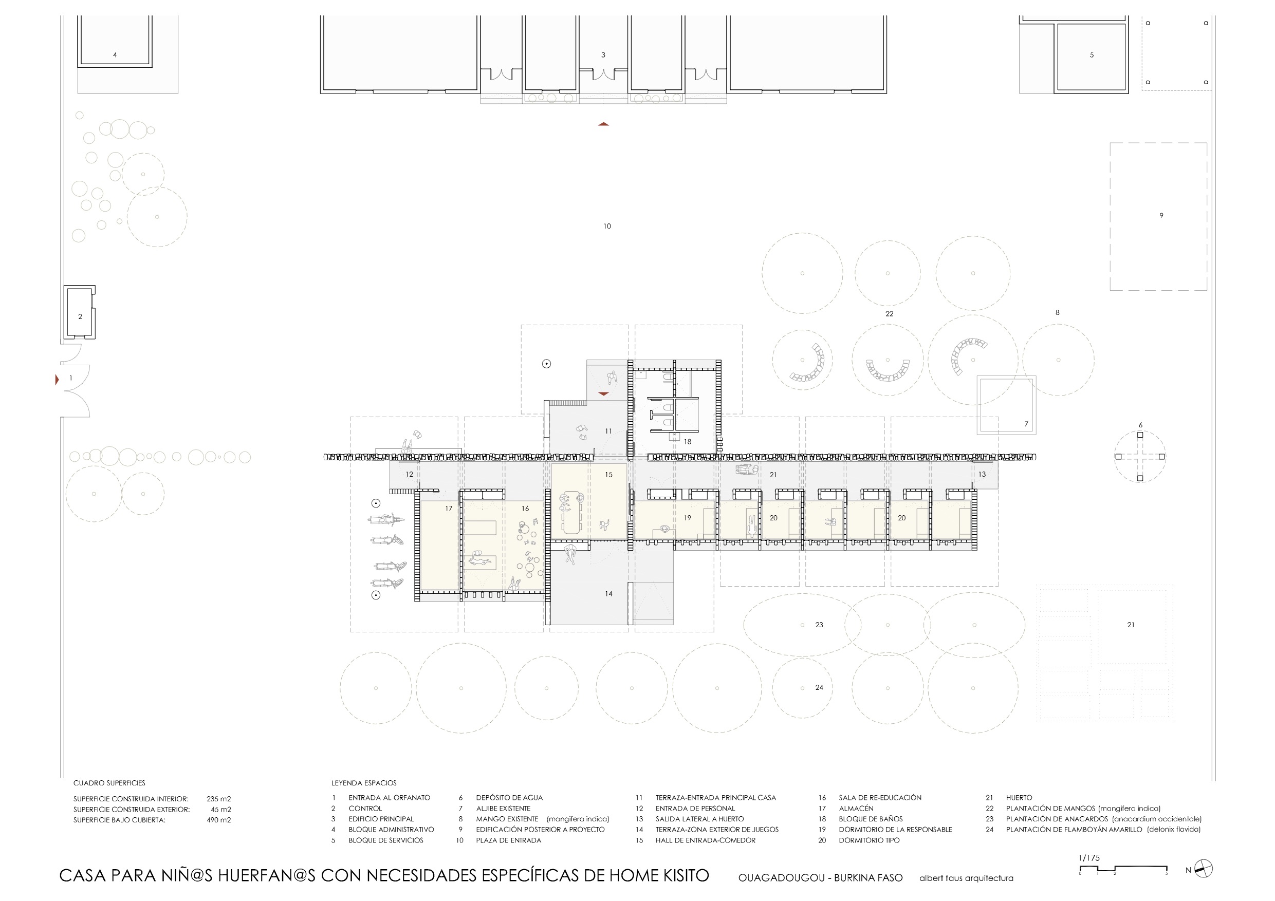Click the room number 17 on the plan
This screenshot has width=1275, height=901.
449,509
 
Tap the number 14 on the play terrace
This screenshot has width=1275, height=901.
608,594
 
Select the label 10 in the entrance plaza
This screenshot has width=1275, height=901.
607,227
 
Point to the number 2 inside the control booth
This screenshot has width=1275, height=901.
80,317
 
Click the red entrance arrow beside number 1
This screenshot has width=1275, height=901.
57,380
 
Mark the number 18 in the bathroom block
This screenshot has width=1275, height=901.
688,442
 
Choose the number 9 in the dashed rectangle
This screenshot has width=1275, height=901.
1161,215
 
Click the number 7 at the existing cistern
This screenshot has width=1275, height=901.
1026,424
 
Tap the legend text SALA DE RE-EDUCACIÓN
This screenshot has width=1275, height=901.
880,798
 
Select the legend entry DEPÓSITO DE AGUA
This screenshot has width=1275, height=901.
509,798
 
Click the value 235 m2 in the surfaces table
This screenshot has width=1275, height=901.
219,799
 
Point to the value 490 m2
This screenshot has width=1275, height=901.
219,820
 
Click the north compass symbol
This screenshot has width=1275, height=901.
1204,869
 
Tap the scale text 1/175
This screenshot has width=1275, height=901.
1089,858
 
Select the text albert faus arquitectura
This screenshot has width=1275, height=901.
966,878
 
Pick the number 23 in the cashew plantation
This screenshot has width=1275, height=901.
819,625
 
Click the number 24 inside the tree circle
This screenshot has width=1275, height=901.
819,688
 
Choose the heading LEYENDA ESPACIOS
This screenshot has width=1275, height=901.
364,783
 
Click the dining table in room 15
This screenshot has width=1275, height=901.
572,513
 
